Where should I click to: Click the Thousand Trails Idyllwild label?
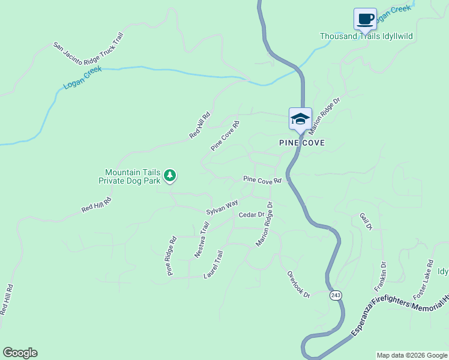(366, 37)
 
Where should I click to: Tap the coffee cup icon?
(365, 19)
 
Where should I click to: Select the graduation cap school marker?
(300, 118)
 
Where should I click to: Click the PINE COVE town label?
(302, 143)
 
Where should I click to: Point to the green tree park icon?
(170, 175)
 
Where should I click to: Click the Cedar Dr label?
(252, 214)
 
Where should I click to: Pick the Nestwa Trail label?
(202, 241)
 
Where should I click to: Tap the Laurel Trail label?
(214, 265)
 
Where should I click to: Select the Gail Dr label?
(366, 221)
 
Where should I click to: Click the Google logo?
(20, 353)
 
